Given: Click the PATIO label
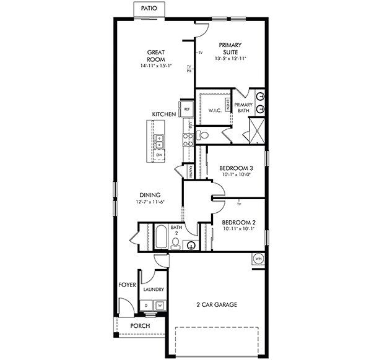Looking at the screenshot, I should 149,9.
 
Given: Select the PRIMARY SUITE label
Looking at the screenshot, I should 230,48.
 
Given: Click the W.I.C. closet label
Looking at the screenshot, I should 215,111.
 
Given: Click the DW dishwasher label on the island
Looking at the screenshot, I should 159,155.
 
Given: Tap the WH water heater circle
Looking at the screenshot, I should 258,259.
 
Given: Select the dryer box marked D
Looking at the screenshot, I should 146,305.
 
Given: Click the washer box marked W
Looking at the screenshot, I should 159,305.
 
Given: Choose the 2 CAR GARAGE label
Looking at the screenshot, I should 217,304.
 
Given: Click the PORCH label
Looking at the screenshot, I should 140,326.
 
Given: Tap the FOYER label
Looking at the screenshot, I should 127,285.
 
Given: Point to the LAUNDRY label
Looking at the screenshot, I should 154,289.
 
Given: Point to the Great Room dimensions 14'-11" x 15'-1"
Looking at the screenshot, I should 155,65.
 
